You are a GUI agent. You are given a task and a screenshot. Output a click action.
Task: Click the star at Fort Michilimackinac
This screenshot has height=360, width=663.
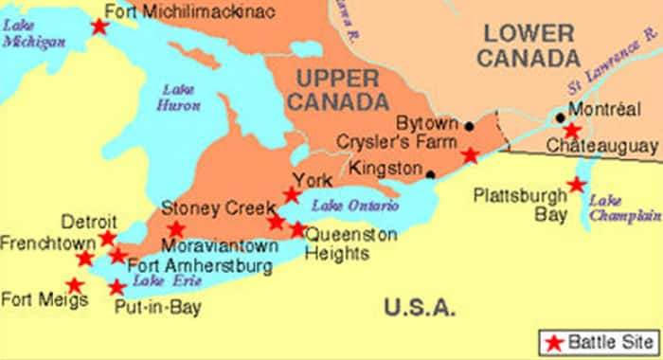99,27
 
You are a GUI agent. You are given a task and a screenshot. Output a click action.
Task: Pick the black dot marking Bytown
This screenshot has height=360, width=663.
469,125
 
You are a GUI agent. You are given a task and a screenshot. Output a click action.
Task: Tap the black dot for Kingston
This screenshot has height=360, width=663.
430,174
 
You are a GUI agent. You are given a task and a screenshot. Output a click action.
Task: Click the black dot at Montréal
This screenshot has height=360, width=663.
561,118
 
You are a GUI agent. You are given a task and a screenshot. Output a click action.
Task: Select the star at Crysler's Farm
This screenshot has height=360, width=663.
470,155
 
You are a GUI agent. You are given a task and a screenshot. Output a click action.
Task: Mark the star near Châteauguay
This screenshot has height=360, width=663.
572,131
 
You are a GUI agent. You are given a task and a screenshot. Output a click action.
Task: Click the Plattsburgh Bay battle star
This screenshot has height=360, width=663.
576,185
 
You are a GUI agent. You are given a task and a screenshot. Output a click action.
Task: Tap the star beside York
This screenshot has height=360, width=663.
292,195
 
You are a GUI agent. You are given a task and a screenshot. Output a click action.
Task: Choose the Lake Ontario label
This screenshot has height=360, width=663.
345,207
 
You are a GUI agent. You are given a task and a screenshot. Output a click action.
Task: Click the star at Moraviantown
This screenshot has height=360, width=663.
176,229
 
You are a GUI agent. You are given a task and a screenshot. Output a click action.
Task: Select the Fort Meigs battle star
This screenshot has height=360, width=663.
74,285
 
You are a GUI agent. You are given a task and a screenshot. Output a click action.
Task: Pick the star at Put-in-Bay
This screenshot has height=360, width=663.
116,287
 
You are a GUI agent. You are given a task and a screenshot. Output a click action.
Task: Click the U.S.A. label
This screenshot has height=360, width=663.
421,307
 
